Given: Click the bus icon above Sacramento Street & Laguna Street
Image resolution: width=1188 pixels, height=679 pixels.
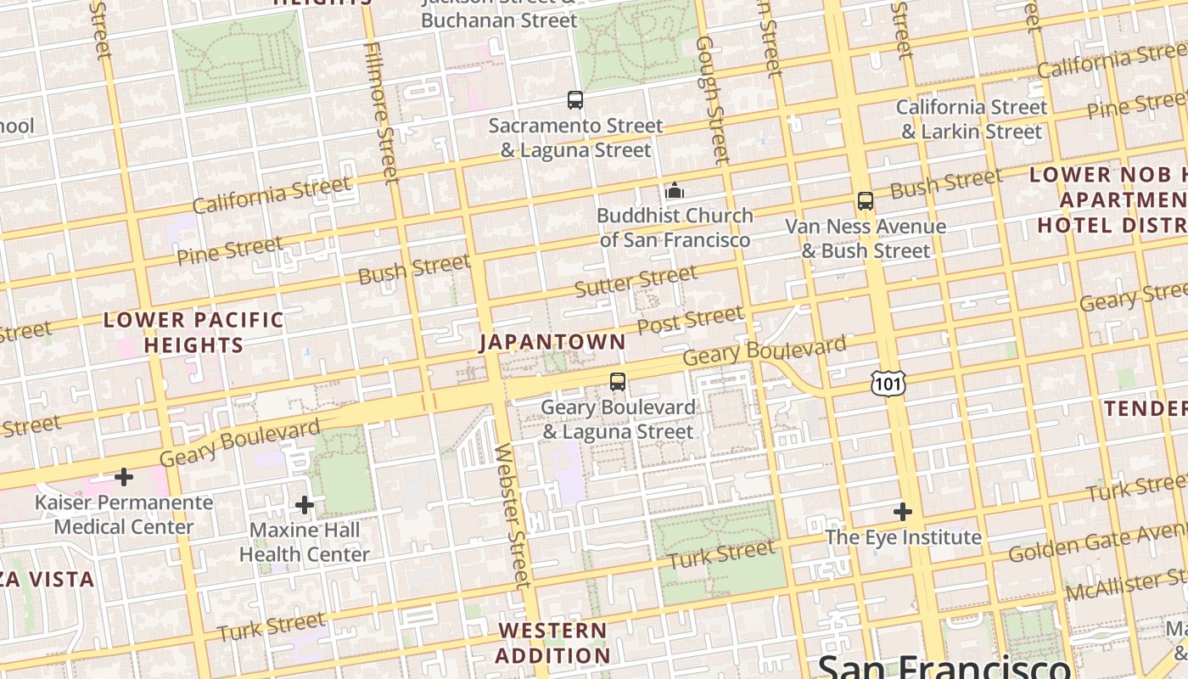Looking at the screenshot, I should pyautogui.click(x=575, y=100).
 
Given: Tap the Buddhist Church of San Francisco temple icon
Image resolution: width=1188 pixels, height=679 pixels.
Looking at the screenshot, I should pyautogui.click(x=675, y=190).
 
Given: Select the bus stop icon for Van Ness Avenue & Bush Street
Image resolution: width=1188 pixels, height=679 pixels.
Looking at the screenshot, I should pyautogui.click(x=866, y=201).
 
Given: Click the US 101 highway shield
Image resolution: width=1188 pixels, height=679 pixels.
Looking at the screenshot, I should pyautogui.click(x=888, y=384).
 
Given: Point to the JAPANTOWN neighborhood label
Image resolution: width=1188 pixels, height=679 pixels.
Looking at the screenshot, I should pyautogui.click(x=552, y=342).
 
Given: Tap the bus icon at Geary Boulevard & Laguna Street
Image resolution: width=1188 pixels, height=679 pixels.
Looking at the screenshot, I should pyautogui.click(x=618, y=382).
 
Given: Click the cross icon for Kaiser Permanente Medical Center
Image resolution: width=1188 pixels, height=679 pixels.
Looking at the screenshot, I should pyautogui.click(x=124, y=477).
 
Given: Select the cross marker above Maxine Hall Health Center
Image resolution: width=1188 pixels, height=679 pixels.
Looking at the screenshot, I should pyautogui.click(x=305, y=506).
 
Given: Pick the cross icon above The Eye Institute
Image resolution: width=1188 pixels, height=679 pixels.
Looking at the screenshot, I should pyautogui.click(x=903, y=512).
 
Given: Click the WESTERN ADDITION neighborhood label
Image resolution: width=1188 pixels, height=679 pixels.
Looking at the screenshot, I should pyautogui.click(x=552, y=643).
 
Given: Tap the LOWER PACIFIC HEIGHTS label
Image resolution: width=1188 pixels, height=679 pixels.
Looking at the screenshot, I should pyautogui.click(x=193, y=333).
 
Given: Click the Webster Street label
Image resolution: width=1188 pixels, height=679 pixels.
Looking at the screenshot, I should pyautogui.click(x=513, y=514).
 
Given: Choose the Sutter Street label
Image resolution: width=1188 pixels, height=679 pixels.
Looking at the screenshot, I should pyautogui.click(x=636, y=281).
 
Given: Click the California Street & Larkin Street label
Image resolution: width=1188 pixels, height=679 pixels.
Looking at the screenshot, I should pyautogui.click(x=972, y=120).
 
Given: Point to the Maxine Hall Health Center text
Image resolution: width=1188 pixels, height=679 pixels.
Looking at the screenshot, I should pyautogui.click(x=305, y=542).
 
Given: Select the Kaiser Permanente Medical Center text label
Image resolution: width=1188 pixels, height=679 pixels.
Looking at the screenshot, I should pyautogui.click(x=124, y=514).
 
